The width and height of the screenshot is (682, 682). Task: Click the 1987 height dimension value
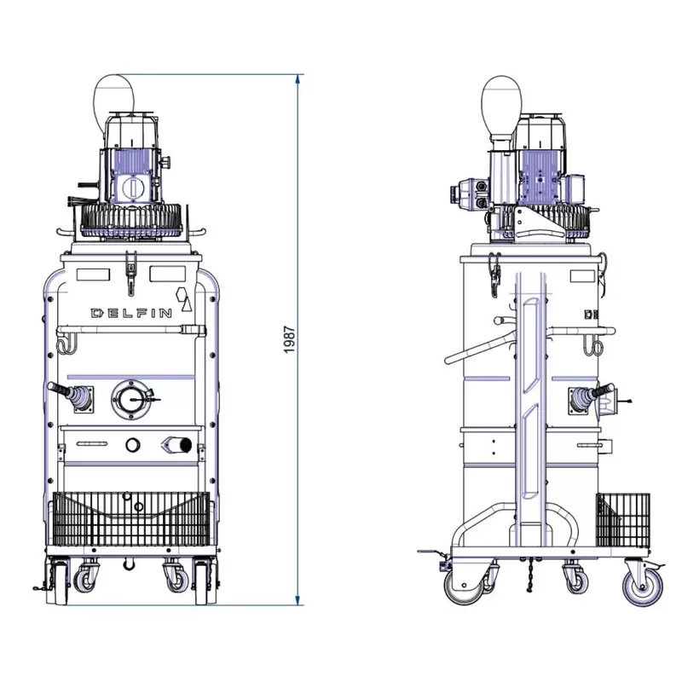click(x=290, y=339)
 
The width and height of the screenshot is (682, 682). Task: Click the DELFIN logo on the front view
click(x=131, y=313)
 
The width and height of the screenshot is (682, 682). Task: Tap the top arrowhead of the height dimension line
click(x=298, y=79)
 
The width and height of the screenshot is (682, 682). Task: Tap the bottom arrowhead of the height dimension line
click(x=298, y=600)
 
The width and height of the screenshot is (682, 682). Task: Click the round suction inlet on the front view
click(x=130, y=399)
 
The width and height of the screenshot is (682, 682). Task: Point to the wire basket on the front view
click(x=131, y=519)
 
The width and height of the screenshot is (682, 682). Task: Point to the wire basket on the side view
click(x=623, y=521)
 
